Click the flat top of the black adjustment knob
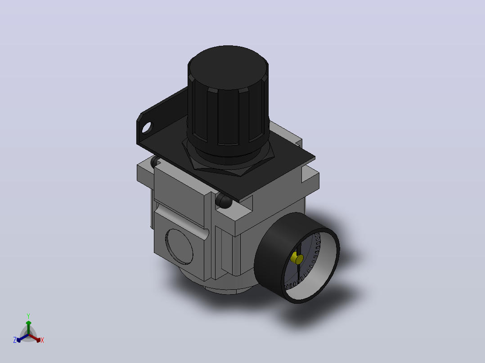pos(228,67)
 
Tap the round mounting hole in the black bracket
pos(147,128)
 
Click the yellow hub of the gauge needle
pos(297,258)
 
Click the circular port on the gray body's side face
pos(180,247)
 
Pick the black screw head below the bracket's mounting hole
pos(155,162)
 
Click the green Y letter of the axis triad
pos(28,316)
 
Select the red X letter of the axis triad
pos(42,340)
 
